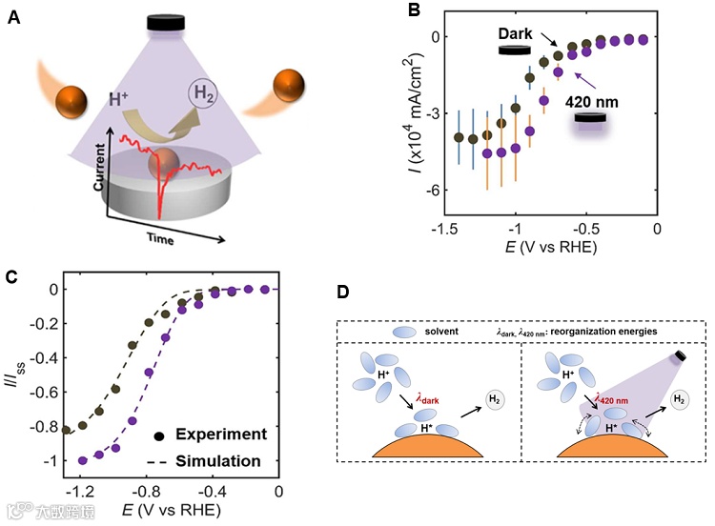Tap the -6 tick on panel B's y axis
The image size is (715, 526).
[x=432, y=190]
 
